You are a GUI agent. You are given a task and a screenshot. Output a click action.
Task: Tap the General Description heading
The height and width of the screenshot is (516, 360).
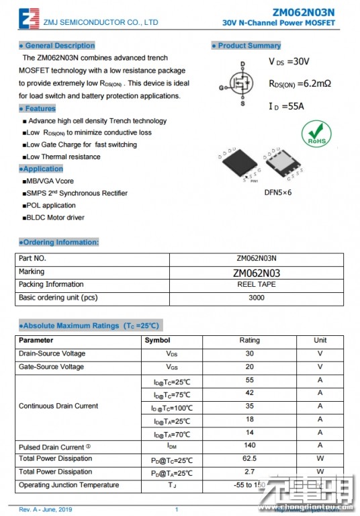[57, 46]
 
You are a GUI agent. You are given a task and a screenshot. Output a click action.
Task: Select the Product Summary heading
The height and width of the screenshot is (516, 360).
[246, 46]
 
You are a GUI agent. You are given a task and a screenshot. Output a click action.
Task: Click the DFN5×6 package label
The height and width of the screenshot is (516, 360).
[277, 192]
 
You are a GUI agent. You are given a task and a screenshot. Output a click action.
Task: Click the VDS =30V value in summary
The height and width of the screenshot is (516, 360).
[289, 62]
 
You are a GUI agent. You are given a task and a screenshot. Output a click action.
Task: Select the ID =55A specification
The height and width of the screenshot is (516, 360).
[287, 106]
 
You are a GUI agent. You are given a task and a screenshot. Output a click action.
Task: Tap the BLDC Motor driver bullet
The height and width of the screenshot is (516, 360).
[55, 218]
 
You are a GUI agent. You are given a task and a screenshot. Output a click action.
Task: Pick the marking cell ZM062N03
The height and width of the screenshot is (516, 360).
[257, 273]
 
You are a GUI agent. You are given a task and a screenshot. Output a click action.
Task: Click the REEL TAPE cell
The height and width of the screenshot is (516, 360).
[257, 285]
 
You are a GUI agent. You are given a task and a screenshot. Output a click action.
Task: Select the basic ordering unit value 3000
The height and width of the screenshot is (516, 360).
[257, 298]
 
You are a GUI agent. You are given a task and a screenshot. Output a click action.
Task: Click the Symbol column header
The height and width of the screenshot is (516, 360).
[157, 341]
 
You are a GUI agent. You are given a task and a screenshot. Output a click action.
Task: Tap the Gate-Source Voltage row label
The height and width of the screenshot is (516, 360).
[52, 367]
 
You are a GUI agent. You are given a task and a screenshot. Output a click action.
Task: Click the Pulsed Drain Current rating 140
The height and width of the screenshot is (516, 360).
[250, 445]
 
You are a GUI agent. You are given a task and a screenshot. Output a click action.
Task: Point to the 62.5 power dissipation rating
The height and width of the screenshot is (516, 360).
[250, 459]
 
